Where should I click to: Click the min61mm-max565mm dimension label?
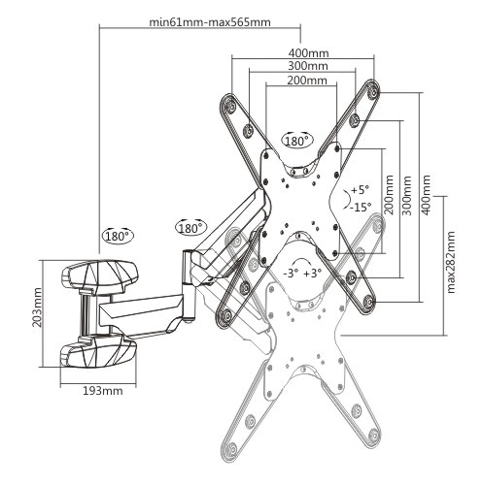210,22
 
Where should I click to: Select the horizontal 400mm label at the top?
308,52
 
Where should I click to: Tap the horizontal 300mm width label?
308,66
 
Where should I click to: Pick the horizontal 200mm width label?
307,80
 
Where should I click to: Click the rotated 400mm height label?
427,195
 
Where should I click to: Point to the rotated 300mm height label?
406,196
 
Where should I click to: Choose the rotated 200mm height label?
389,195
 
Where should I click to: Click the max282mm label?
451,262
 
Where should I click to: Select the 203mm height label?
37,307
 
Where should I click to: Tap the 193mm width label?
103,391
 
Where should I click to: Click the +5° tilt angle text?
360,190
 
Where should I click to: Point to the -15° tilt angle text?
361,207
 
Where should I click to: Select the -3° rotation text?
291,274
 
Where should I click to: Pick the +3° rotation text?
313,274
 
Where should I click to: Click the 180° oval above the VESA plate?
296,141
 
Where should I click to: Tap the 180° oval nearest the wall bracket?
118,236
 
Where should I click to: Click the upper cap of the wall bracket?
100,276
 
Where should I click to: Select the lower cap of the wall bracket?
99,351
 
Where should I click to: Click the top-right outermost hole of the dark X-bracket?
373,93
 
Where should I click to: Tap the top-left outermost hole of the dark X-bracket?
230,105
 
